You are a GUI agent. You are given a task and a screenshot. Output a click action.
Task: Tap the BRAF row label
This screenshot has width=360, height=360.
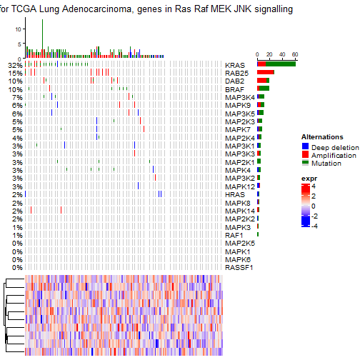(x=235, y=89)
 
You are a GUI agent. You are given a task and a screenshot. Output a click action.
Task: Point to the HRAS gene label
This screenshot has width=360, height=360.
(x=235, y=194)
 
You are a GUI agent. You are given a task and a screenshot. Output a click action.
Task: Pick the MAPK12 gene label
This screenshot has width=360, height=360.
(x=239, y=186)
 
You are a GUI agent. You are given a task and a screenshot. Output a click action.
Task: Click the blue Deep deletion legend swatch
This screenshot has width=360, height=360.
(x=305, y=146)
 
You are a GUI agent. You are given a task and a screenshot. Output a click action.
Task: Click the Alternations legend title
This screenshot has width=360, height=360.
(x=322, y=136)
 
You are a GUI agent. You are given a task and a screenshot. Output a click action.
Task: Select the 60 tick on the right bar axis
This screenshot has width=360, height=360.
(x=294, y=54)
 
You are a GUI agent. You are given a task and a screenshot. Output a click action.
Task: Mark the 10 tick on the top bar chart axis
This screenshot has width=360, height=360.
(x=20, y=28)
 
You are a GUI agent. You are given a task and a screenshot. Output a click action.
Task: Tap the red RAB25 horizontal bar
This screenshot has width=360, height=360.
(x=266, y=73)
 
